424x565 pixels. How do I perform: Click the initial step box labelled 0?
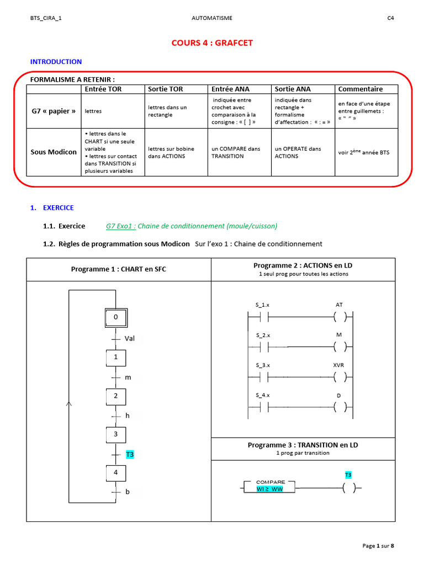pos(115,317)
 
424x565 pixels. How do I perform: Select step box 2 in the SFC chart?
pos(116,396)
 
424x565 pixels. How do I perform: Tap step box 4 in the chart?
pos(116,473)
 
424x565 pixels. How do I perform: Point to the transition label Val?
pos(130,338)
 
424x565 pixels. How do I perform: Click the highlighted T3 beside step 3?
pos(130,455)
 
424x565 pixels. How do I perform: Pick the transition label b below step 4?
pos(128,491)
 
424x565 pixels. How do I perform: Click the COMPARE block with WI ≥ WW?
pos(269,486)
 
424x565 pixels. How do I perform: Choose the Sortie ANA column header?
pos(293,89)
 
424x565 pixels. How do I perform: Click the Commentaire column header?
pos(360,89)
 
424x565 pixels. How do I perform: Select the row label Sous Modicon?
pos(54,152)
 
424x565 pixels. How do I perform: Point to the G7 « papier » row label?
pos(54,111)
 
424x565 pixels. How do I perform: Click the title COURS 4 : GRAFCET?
pos(212,44)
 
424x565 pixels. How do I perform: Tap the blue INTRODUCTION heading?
pos(56,62)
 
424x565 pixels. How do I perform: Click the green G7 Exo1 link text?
pos(120,226)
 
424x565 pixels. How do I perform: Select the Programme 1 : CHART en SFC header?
pos(118,269)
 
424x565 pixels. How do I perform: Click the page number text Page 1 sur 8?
pos(378,546)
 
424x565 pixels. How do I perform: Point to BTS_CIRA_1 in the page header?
pos(46,18)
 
